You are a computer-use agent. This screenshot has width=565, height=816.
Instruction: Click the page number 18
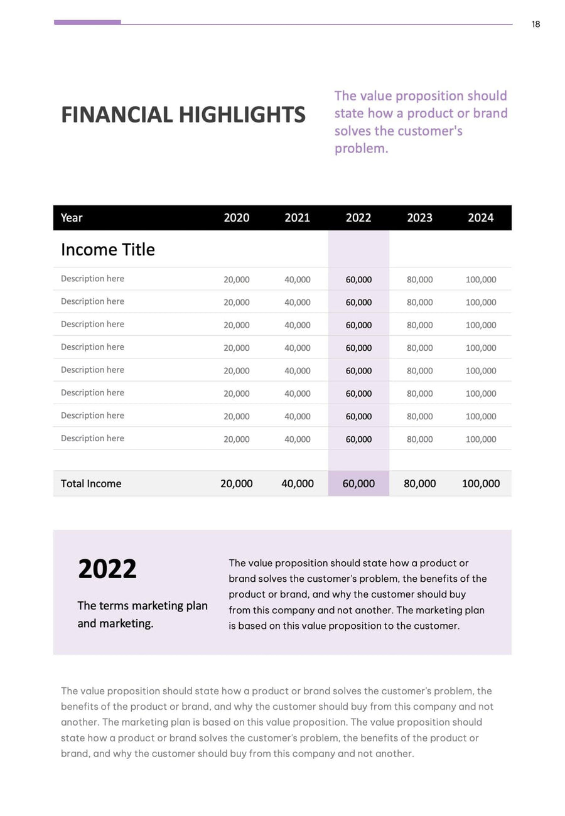click(535, 24)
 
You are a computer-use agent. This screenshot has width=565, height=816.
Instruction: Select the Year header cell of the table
click(72, 218)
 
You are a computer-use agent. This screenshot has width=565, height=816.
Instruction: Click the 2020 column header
click(236, 218)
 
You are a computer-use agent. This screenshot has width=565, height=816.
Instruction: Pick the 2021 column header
click(297, 218)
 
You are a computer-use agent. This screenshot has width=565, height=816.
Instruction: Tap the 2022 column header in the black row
click(358, 218)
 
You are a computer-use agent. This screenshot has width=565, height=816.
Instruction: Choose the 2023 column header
click(419, 218)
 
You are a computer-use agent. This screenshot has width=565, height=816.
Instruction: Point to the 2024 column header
click(480, 218)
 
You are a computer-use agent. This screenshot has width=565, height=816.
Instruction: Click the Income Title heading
click(107, 250)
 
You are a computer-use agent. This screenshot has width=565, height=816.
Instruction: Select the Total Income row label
click(91, 483)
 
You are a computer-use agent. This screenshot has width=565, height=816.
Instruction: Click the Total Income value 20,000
click(236, 483)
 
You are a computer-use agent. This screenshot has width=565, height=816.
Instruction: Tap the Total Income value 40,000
click(297, 483)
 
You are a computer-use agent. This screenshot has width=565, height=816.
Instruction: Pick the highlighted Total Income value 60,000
click(358, 483)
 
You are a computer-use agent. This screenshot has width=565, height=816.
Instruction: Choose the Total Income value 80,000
click(419, 483)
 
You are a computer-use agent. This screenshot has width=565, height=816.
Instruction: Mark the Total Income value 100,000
click(480, 483)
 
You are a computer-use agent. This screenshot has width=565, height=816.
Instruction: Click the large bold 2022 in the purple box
click(107, 569)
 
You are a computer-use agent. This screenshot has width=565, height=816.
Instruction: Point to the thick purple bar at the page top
click(87, 23)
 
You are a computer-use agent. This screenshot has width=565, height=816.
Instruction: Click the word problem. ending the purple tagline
click(361, 149)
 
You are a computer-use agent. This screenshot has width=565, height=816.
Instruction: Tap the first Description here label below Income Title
click(92, 279)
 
